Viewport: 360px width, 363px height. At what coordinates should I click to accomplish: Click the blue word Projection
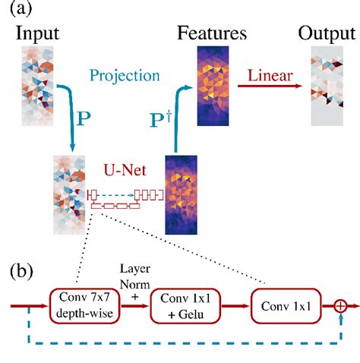[x=125, y=75]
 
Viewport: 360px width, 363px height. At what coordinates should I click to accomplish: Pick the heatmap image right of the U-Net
[x=182, y=194]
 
